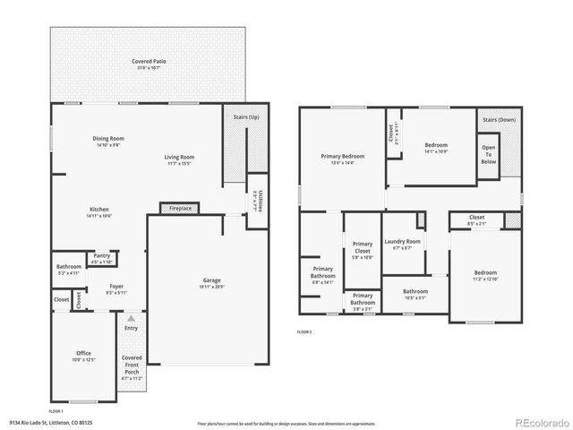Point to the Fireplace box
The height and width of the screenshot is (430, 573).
pos(179,208)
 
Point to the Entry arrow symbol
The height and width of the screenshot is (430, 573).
pos(132,318)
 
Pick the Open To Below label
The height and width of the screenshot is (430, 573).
pos(488,155)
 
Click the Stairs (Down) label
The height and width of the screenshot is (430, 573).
pos(500,119)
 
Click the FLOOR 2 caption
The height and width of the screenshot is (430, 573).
pos(304,331)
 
